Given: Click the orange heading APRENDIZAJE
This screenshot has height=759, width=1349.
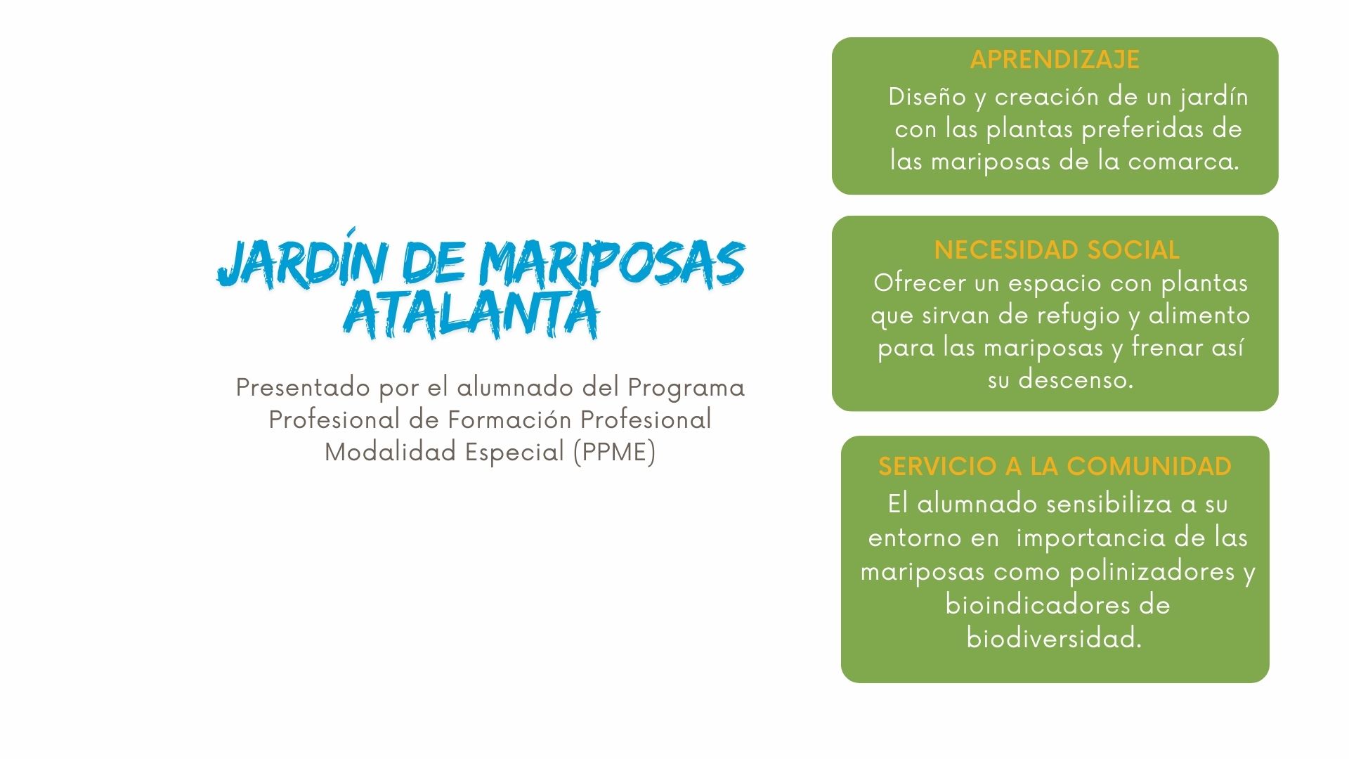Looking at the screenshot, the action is tap(1055, 59).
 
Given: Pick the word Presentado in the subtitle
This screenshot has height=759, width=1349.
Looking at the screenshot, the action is tap(303, 387).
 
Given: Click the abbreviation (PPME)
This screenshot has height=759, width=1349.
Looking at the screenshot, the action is tap(615, 452).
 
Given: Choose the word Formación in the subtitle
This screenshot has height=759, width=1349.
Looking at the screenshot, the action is tap(509, 420).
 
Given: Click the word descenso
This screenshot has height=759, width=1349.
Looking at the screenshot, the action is tap(1076, 379).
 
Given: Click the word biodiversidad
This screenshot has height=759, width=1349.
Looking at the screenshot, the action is tap(1054, 638).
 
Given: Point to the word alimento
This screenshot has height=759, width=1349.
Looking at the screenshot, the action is tap(1199, 315).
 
